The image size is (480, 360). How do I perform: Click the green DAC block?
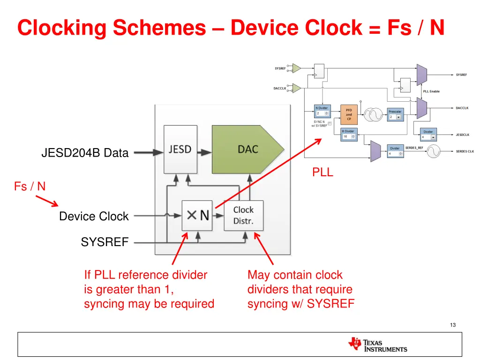pyautogui.click(x=247, y=149)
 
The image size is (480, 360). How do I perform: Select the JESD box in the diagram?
pyautogui.click(x=180, y=149)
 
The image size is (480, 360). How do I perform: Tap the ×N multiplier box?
pyautogui.click(x=197, y=215)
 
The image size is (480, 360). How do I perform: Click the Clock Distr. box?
pyautogui.click(x=243, y=215)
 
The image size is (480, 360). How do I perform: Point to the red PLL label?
pyautogui.click(x=322, y=172)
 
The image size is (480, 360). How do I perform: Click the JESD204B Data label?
pyautogui.click(x=85, y=153)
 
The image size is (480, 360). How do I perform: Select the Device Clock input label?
pyautogui.click(x=94, y=216)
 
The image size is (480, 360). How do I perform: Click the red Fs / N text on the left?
pyautogui.click(x=30, y=187)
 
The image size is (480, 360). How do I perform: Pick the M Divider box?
pyautogui.click(x=348, y=134)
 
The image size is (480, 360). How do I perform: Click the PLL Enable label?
pyautogui.click(x=431, y=91)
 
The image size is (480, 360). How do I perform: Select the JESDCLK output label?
pyautogui.click(x=462, y=135)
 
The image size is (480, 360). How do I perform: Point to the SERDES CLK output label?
pyautogui.click(x=465, y=151)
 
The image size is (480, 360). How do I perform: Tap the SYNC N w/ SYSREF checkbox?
pyautogui.click(x=330, y=124)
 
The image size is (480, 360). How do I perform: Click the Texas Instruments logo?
pyautogui.click(x=378, y=345)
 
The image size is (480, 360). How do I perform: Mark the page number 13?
pyautogui.click(x=452, y=325)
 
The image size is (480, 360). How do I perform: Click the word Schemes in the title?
pyautogui.click(x=160, y=28)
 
